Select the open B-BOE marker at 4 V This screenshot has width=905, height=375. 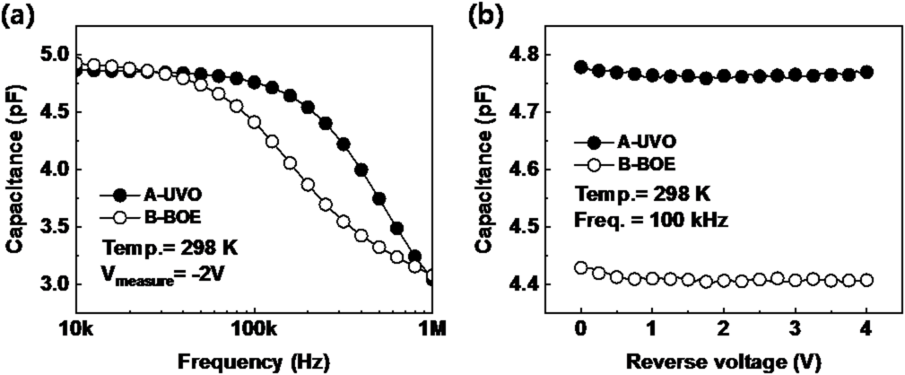point(866,280)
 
